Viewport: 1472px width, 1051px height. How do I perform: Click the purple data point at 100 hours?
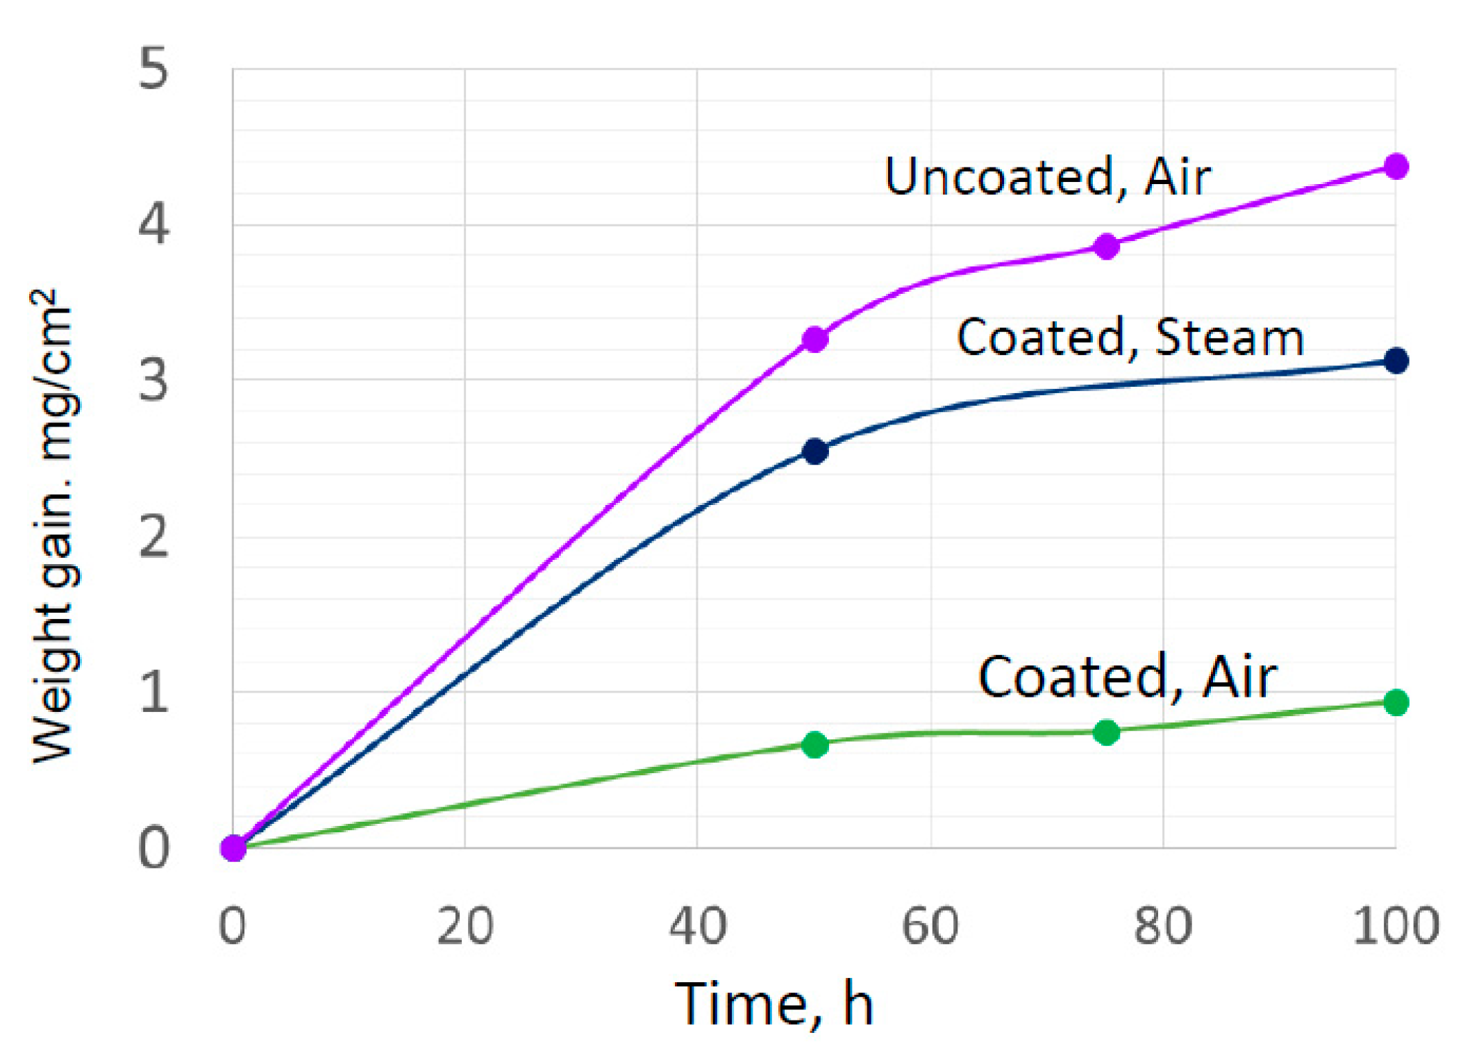pos(1396,167)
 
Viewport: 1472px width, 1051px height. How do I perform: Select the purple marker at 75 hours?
pos(1106,246)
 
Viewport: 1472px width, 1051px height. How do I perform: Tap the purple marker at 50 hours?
pos(815,339)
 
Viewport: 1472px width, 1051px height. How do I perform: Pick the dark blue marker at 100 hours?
pos(1396,361)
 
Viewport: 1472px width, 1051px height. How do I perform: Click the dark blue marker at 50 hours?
pos(815,452)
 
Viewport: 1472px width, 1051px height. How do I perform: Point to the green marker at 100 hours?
pos(1396,702)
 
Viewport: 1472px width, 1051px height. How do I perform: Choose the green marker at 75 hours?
pos(1106,732)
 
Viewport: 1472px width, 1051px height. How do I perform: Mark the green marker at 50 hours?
pos(815,744)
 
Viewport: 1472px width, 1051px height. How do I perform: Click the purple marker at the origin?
pos(234,848)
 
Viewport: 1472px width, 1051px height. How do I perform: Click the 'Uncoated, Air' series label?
pos(1048,176)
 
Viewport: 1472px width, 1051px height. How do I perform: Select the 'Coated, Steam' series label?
pos(1130,338)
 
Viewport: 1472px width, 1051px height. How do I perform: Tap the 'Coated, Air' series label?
pos(1127,677)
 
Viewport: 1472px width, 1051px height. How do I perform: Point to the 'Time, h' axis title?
pos(773,1004)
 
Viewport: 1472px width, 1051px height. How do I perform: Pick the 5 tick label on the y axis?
pos(153,69)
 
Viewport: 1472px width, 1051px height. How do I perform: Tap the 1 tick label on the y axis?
pos(153,692)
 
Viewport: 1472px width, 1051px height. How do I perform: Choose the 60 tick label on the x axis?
pos(930,926)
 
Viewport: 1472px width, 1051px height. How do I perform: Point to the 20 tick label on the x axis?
pos(465,926)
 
